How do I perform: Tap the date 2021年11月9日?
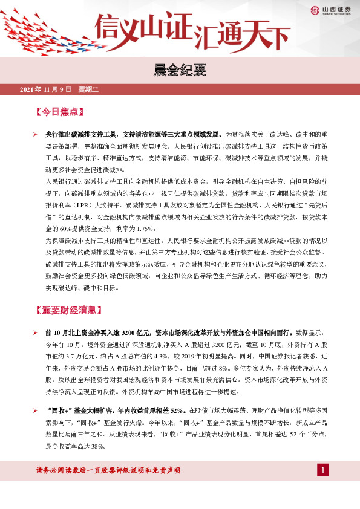click(x=46, y=90)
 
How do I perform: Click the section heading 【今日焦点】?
click(x=59, y=112)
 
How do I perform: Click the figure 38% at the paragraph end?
click(x=99, y=447)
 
